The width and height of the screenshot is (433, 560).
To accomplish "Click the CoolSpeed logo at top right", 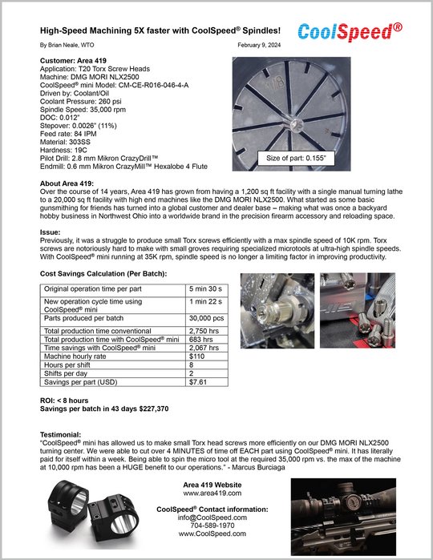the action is coord(350,32).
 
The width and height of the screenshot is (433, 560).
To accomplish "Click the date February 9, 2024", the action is coord(259,45).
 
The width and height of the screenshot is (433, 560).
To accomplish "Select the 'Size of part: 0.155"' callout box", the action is coord(296,158).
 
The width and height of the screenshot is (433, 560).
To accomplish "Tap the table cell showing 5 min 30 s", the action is coord(206,289).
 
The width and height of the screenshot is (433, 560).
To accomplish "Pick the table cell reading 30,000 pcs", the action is coord(206,318).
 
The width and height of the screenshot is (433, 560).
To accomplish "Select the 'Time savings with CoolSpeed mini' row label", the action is coord(99,348).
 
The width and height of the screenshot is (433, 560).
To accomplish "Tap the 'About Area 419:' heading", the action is coord(67,183).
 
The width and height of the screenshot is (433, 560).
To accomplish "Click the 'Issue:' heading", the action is coord(50,232).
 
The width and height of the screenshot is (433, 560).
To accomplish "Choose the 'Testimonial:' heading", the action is coord(60,435).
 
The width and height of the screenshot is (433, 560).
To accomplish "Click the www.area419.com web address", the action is coord(212,494).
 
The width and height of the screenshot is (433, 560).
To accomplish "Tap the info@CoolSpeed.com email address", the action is coord(212,518).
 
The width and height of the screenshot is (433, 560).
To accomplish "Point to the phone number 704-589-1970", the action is coord(212,526).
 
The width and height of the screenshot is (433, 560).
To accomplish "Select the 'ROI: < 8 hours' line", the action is coord(64,401).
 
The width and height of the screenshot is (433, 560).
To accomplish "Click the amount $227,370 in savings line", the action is coord(154,409).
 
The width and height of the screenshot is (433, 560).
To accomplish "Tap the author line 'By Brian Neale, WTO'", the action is coord(67,45).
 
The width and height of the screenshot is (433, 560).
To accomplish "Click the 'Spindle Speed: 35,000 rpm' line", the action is coord(83,110).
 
